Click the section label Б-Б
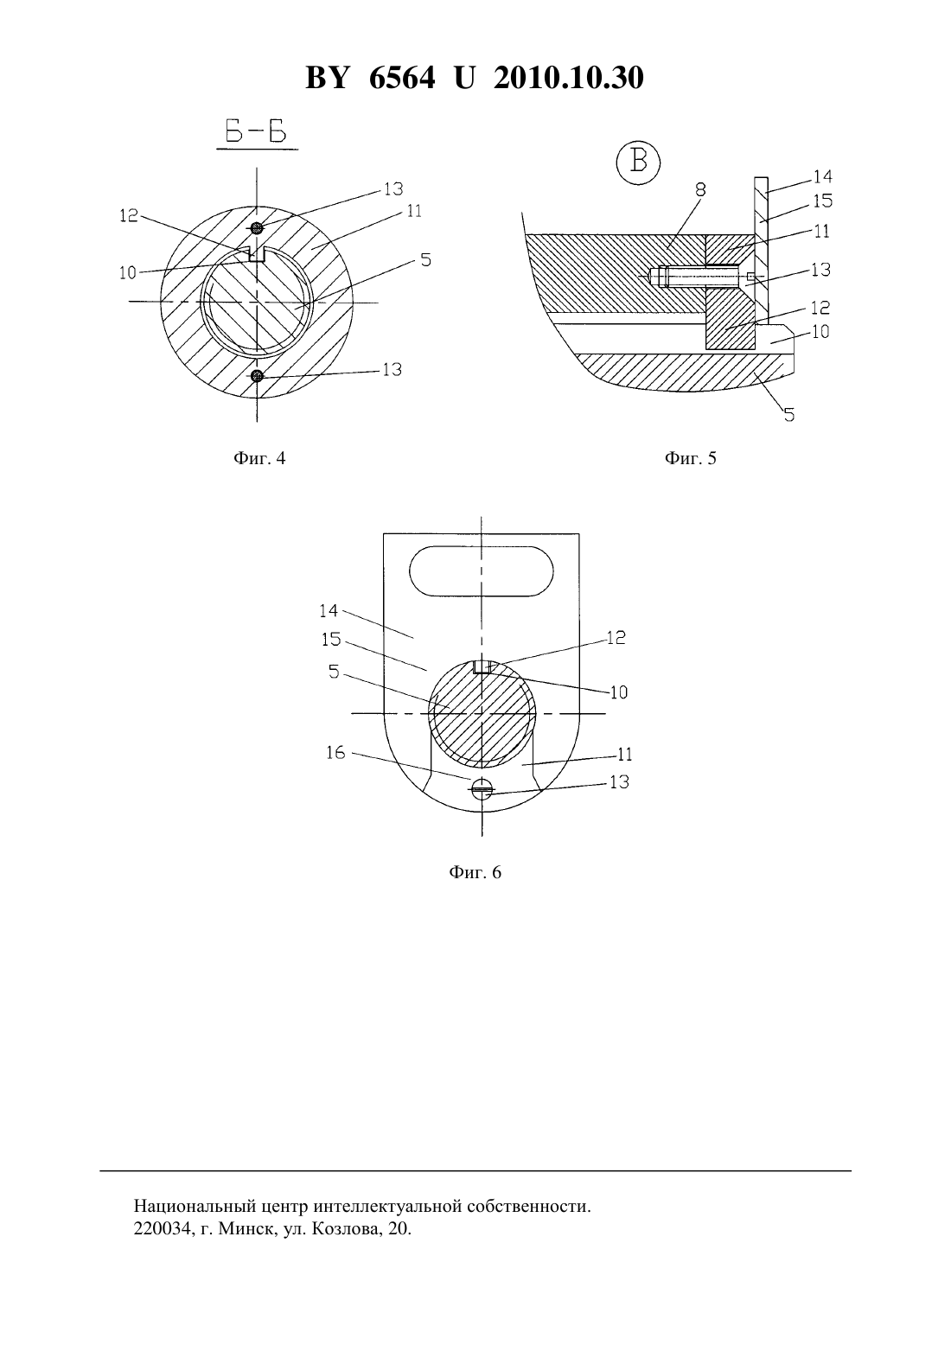256,132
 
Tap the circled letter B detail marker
638,163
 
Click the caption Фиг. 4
259,459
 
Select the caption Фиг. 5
691,459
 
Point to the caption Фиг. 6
475,872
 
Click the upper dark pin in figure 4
257,227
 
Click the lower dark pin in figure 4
257,376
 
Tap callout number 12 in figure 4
129,215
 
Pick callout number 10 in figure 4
128,273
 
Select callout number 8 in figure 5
700,190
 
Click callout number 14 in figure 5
822,176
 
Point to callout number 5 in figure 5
788,414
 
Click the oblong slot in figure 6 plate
482,571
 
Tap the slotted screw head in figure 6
482,788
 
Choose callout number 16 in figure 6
335,752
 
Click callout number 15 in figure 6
331,640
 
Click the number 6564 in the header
402,78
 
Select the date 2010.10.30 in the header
569,78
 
